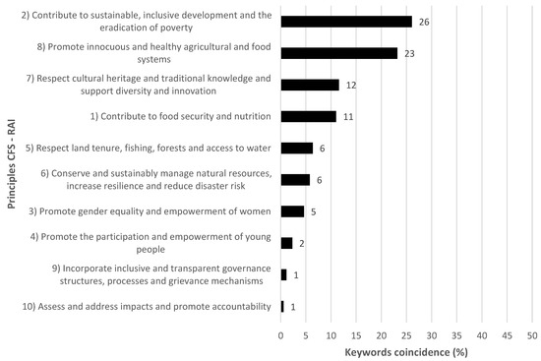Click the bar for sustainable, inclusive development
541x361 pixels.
click(x=346, y=22)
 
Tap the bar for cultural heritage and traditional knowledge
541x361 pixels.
click(x=310, y=85)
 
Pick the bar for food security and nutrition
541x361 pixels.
click(x=308, y=116)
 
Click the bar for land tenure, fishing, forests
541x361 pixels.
click(x=296, y=148)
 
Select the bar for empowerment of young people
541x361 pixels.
click(x=286, y=242)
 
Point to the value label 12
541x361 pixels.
click(x=350, y=85)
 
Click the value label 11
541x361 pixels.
click(x=346, y=116)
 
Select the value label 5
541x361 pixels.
click(x=313, y=211)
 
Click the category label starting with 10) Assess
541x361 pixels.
click(x=145, y=306)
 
